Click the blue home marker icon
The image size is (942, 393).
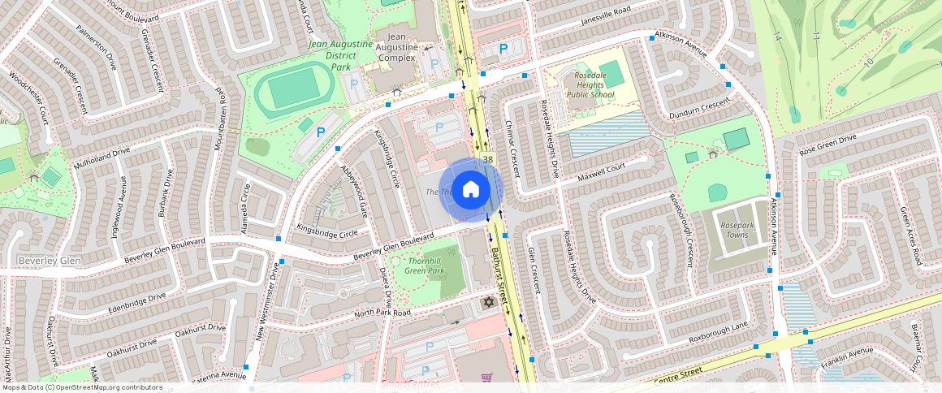coord(471,190)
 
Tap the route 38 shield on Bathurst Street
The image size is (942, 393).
coord(488,160)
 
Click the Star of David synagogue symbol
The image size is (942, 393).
coord(488,303)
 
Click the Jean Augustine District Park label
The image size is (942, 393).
coord(340,55)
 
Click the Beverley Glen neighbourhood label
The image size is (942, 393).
coord(48,260)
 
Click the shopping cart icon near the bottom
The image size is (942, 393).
coord(486,378)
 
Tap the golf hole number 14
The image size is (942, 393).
coord(777,37)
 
